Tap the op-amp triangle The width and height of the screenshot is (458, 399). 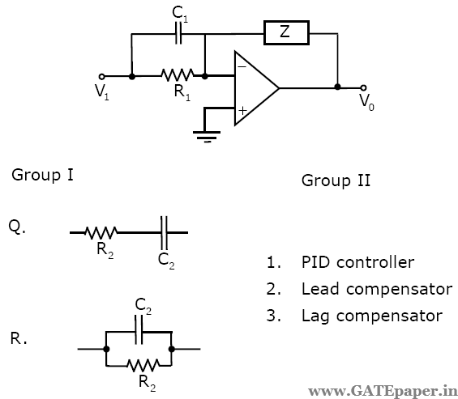[254, 87]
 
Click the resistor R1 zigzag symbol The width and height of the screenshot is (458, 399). [178, 75]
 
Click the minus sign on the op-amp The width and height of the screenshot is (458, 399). [242, 69]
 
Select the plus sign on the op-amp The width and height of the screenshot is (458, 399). [242, 109]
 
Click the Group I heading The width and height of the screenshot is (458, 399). [43, 175]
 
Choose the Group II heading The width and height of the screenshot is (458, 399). [336, 180]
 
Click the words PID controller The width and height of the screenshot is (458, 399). [357, 262]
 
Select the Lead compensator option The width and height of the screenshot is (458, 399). [376, 289]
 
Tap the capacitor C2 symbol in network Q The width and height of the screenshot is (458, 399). [165, 231]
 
